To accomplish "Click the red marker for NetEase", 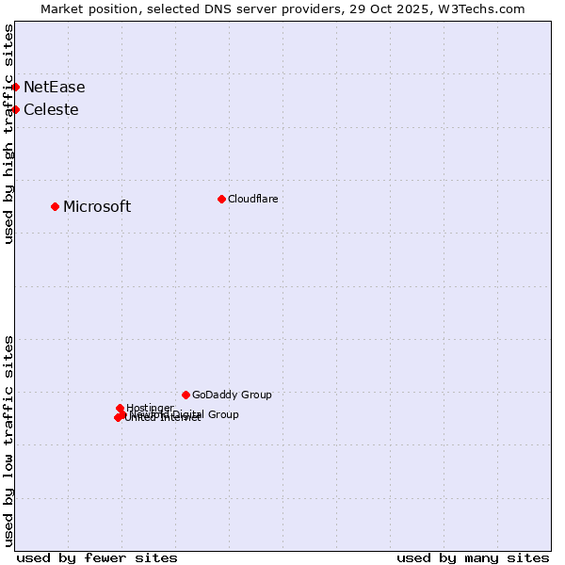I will (x=15, y=87).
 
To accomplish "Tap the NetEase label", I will (x=54, y=88).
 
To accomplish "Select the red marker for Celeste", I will (x=15, y=109).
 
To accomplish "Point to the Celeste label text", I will (x=51, y=110).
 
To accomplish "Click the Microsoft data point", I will (x=55, y=206).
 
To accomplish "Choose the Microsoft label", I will (x=97, y=207).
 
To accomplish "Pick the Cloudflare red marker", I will (x=221, y=199).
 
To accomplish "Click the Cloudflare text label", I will (x=252, y=199).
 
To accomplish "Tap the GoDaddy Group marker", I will (x=186, y=395).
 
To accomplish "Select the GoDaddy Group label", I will (x=232, y=395).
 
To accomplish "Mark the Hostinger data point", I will (x=120, y=408).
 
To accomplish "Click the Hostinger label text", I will (x=150, y=408).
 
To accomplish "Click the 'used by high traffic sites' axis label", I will (x=8, y=134).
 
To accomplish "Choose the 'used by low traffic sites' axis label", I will (x=8, y=441).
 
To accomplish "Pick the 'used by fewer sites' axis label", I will (x=97, y=558).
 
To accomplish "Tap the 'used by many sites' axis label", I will (x=473, y=558).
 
